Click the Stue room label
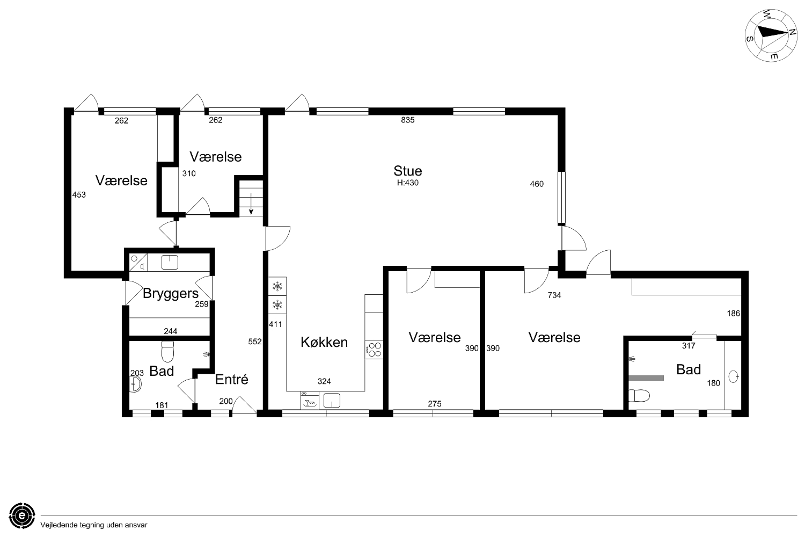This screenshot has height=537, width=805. point(407,170)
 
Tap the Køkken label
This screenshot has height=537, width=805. point(324,342)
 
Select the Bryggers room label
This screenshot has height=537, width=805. point(170,294)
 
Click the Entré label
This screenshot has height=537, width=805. point(232,379)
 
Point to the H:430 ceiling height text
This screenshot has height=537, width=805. point(407,183)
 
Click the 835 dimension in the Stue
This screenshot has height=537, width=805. point(407,120)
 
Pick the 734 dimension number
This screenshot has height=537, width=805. point(554,295)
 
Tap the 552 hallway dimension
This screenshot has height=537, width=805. point(255,342)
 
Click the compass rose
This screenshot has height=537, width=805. point(771,35)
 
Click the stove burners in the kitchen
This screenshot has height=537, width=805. point(374,350)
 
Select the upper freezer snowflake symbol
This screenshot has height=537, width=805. point(277,287)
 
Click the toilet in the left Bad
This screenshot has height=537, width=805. point(167,351)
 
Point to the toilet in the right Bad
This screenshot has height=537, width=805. point(639,396)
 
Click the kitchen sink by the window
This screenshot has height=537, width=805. point(332,400)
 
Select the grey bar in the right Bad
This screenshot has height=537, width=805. point(646,378)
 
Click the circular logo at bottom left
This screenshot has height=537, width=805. point(22,516)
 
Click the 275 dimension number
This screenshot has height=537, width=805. point(435,404)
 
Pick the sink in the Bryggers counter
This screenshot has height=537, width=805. point(170,263)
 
